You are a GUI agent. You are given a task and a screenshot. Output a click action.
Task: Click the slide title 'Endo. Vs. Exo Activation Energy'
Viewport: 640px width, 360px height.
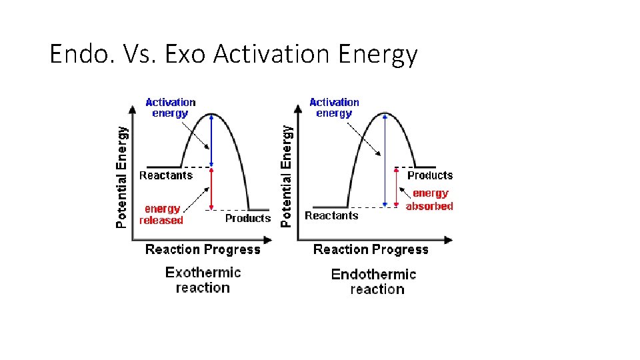(233, 54)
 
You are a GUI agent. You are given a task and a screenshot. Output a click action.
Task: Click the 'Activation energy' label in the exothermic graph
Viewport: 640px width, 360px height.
(170, 107)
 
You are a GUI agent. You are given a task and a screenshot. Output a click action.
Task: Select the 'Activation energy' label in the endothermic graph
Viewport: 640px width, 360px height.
(334, 107)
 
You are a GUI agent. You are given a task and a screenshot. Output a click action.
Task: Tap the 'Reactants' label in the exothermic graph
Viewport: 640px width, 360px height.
(165, 175)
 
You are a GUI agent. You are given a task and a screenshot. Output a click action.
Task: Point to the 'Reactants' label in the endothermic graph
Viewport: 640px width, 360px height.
(331, 215)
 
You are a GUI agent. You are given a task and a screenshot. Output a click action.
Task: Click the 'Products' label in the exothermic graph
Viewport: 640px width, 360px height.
(247, 218)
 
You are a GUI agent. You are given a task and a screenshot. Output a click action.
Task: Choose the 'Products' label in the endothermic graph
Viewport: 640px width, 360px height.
(429, 175)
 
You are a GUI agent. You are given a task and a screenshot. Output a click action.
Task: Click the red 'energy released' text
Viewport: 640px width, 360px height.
(162, 214)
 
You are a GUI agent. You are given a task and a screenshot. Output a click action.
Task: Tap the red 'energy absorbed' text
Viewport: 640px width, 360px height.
(429, 199)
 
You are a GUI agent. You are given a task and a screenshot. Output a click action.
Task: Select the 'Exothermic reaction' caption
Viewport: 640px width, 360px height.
(203, 280)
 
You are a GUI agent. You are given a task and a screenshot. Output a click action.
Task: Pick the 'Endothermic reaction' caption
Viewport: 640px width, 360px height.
(373, 281)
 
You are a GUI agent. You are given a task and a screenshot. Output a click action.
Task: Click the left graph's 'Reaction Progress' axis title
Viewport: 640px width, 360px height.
(203, 249)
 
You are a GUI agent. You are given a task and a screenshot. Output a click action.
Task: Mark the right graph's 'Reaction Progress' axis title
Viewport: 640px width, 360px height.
(371, 249)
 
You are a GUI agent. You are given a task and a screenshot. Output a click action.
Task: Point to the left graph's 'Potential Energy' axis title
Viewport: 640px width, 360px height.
(121, 177)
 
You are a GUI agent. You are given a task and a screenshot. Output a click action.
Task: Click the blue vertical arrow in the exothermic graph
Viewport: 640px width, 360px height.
(211, 140)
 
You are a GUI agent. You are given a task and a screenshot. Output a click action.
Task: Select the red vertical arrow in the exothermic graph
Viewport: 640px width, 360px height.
(211, 189)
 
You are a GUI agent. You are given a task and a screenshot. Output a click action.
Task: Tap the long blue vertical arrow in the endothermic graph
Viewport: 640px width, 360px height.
(385, 160)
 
